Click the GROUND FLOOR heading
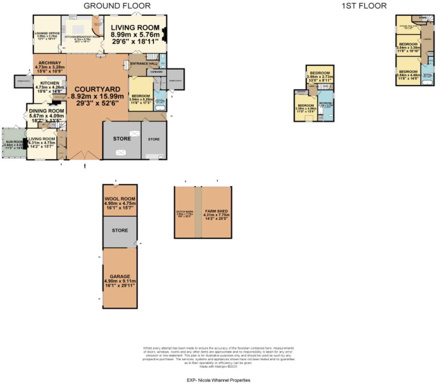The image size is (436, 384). tap(117, 6)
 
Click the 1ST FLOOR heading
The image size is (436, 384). tap(364, 6)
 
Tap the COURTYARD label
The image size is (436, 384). tap(97, 90)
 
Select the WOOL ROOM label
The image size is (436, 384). tap(120, 199)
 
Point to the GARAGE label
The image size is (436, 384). tap(120, 276)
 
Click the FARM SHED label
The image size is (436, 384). tap(216, 211)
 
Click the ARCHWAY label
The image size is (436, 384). tap(50, 63)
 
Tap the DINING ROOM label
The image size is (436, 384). tap(47, 111)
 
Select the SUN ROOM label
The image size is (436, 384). tap(14, 142)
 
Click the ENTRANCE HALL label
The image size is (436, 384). tap(144, 64)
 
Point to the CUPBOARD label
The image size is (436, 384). tap(157, 72)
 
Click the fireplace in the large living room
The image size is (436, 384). tap(165, 34)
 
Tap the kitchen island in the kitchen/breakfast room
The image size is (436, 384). tap(78, 29)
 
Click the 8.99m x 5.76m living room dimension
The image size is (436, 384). tap(135, 35)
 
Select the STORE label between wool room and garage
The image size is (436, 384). tap(120, 230)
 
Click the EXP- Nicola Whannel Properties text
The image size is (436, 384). tap(218, 380)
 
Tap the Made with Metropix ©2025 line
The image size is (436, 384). tap(218, 367)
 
